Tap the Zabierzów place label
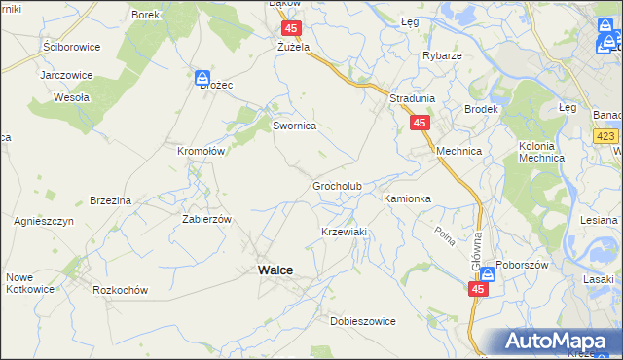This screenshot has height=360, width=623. point(206,219)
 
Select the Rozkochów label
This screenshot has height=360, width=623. point(120,290)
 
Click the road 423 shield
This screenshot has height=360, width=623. point(605,136)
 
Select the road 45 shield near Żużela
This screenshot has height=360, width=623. point(291,28)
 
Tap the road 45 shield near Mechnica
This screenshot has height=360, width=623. point(420,124)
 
